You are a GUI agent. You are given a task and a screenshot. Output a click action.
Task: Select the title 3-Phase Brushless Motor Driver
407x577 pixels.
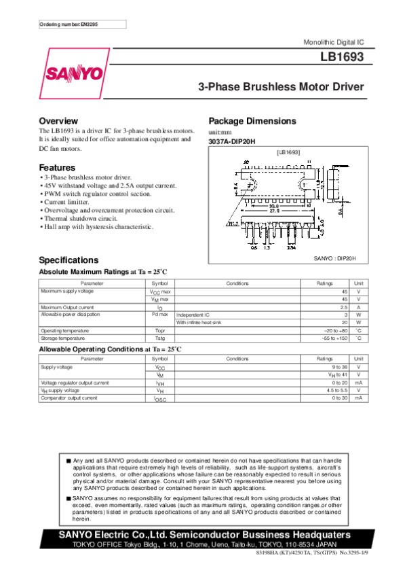[x=281, y=87]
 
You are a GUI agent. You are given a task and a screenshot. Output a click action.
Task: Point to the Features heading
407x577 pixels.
[x=57, y=167]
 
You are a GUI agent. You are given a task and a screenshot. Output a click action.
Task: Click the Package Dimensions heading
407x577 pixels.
[x=252, y=121]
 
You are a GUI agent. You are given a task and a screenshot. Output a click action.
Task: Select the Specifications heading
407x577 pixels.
[x=69, y=260]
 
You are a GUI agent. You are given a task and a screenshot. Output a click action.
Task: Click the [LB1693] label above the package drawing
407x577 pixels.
[x=288, y=152]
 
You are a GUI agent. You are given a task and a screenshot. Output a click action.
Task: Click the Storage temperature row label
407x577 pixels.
[x=63, y=337]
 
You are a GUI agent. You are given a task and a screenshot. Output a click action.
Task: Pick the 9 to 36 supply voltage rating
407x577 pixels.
[x=338, y=366]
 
